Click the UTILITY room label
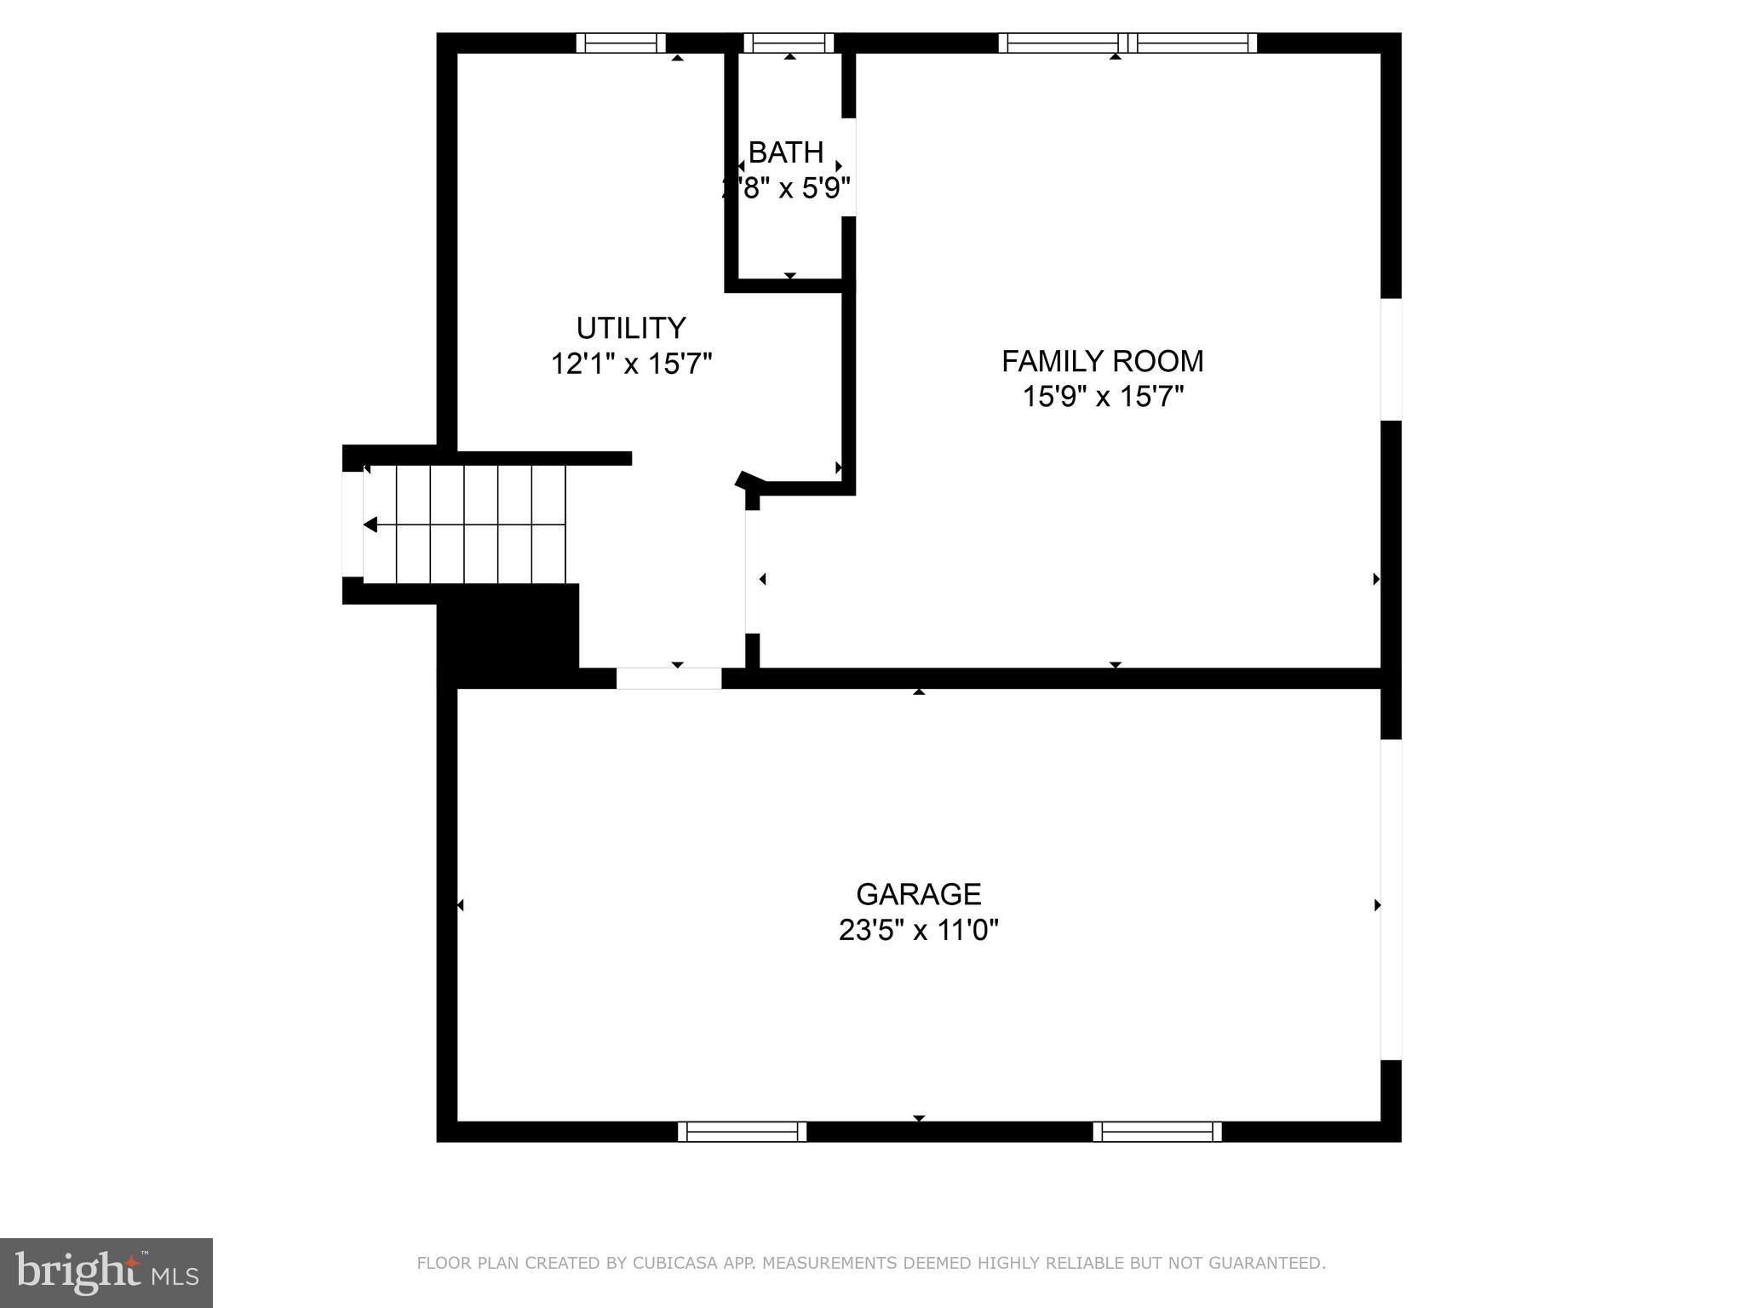pyautogui.click(x=630, y=328)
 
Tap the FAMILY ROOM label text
pyautogui.click(x=1102, y=361)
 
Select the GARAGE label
pyautogui.click(x=918, y=894)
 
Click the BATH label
pyautogui.click(x=785, y=152)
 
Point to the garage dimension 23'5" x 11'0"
pyautogui.click(x=918, y=930)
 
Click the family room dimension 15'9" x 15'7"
pyautogui.click(x=1102, y=397)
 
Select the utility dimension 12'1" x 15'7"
pyautogui.click(x=630, y=364)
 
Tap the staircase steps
pyautogui.click(x=465, y=524)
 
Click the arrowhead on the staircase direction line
pyautogui.click(x=370, y=525)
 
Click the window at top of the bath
pyautogui.click(x=789, y=43)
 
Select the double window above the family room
pyautogui.click(x=1127, y=43)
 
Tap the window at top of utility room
pyautogui.click(x=621, y=43)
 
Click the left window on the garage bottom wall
pyautogui.click(x=742, y=1131)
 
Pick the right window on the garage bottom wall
pyautogui.click(x=1157, y=1131)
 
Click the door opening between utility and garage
pyautogui.click(x=668, y=679)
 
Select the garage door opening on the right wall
pyautogui.click(x=1390, y=899)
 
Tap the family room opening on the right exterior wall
pyautogui.click(x=1390, y=359)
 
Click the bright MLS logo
pyautogui.click(x=106, y=1272)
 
